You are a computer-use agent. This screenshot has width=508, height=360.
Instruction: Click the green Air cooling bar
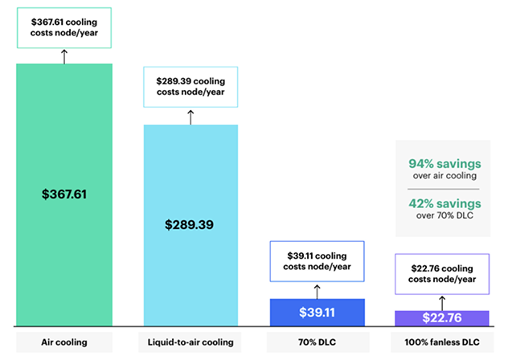[x=64, y=241]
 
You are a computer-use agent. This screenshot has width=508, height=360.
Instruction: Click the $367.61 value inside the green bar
[x=64, y=194]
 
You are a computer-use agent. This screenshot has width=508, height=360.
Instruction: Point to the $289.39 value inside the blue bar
[x=191, y=225]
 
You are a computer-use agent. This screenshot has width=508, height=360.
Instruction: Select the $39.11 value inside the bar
[x=317, y=313]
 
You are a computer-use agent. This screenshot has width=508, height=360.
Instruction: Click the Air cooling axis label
[x=64, y=342]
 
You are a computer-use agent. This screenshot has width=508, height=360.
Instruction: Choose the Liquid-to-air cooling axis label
[x=190, y=342]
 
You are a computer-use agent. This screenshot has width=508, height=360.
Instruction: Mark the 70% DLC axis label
[x=317, y=342]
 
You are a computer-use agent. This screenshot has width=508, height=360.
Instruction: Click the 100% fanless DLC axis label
[x=442, y=342]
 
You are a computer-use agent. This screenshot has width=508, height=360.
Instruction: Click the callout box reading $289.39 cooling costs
[x=190, y=87]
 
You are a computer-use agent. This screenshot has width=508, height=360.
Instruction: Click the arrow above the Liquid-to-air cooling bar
[x=190, y=117]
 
